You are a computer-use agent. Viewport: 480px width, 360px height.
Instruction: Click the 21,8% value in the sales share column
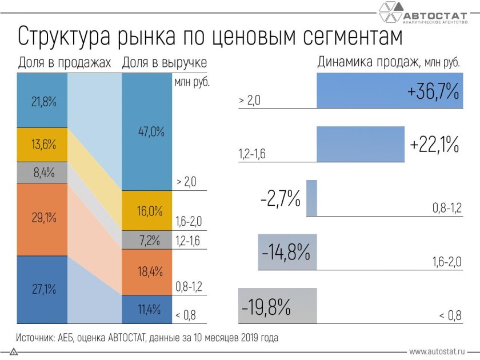point(43,103)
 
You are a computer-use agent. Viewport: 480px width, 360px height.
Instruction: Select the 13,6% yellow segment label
point(43,145)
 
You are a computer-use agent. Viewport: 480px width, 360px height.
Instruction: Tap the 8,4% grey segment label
point(43,173)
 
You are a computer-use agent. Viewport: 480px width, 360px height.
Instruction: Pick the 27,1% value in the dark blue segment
point(43,289)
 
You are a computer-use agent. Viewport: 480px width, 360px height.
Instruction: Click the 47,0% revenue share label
point(151,132)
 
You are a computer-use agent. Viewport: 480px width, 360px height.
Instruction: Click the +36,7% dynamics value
point(432,92)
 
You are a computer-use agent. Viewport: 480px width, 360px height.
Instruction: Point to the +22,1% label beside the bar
point(434,145)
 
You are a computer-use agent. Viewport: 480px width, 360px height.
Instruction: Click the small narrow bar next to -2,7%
point(311,198)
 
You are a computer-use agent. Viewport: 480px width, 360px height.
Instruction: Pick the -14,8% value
point(287,252)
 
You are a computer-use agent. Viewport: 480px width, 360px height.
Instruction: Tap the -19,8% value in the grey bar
point(266,307)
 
